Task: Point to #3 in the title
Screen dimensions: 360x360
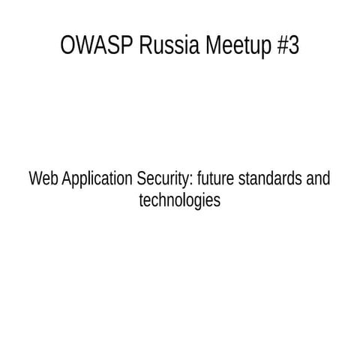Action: [287, 46]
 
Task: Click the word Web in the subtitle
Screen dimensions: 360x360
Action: [42, 180]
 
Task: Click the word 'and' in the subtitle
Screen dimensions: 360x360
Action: [319, 180]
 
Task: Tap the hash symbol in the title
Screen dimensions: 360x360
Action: [282, 46]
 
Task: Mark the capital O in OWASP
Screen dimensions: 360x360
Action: [67, 46]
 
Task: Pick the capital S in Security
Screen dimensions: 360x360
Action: [142, 180]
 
